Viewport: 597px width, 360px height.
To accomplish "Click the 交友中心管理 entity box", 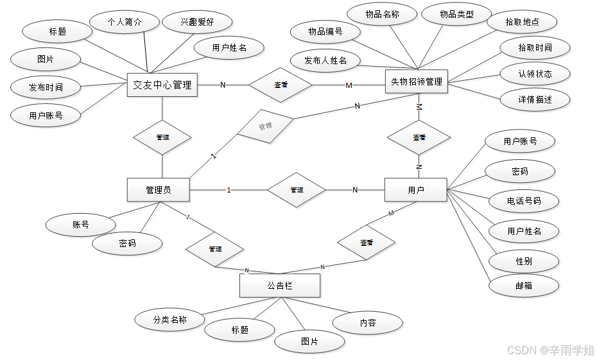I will click(x=162, y=85).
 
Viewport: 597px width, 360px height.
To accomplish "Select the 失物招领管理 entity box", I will click(x=417, y=81).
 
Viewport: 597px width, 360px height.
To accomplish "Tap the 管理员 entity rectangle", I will click(x=159, y=190).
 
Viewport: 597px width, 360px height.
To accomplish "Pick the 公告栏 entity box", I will click(x=279, y=286).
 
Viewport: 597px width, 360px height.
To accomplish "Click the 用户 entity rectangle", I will click(x=415, y=190).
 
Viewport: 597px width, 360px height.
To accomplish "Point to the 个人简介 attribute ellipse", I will click(x=124, y=22).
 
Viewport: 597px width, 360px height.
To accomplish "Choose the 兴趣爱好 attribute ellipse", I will click(x=197, y=22).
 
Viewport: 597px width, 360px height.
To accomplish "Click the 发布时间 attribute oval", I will click(x=46, y=87).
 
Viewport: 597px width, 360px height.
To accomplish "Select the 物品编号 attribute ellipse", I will click(x=325, y=31).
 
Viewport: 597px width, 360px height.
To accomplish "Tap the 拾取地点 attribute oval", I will click(x=522, y=22).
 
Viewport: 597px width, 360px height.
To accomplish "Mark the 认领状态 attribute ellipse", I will click(x=535, y=74).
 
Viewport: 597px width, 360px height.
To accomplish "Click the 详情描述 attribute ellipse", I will click(x=535, y=99).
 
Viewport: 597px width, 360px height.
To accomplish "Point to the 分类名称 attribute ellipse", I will click(x=169, y=319).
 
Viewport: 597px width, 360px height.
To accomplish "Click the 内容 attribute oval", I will click(x=368, y=323).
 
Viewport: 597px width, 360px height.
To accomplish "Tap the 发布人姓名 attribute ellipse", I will click(x=325, y=60).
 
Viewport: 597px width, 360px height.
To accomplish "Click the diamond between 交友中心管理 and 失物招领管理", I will click(x=281, y=85).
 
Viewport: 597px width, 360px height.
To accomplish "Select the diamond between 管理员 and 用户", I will click(x=297, y=190).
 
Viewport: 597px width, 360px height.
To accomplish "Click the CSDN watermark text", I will click(x=551, y=350).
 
